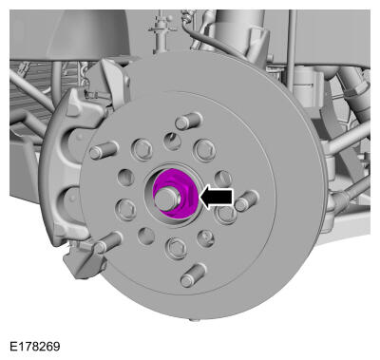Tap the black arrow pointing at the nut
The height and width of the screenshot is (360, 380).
coord(217,198)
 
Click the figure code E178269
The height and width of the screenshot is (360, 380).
coord(35,346)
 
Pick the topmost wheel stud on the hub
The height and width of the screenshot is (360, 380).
coord(189,122)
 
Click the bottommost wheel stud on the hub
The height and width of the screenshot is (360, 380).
coord(193,276)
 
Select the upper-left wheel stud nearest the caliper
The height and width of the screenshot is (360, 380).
coord(104,150)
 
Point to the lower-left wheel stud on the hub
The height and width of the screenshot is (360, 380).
coord(107,243)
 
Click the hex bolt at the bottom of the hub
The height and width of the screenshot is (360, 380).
coord(177,248)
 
